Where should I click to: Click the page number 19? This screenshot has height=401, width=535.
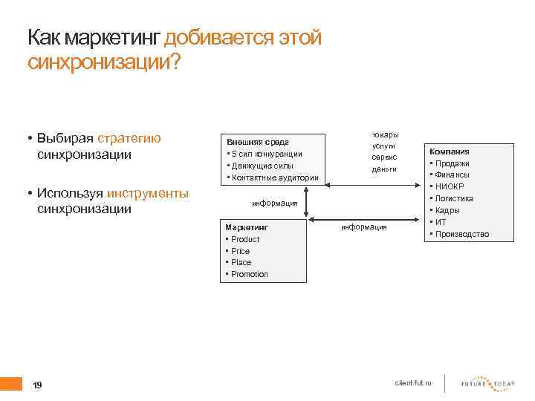click(38, 385)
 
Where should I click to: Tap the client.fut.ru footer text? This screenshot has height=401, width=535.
click(418, 382)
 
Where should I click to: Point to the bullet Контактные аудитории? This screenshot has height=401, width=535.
click(275, 177)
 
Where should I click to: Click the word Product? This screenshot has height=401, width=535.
click(245, 239)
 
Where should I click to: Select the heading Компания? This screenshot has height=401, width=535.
click(449, 151)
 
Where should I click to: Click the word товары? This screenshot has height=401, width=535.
click(385, 134)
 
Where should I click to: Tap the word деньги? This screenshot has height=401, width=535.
click(384, 169)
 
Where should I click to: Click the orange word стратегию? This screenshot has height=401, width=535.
click(129, 139)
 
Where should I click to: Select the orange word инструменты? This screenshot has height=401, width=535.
click(148, 193)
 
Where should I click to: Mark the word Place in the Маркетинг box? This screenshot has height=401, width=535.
click(241, 262)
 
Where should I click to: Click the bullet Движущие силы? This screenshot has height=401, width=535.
click(262, 166)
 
